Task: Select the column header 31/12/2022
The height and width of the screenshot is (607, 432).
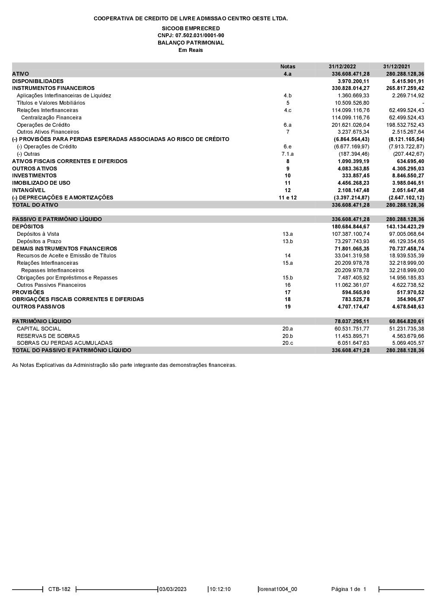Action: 342,67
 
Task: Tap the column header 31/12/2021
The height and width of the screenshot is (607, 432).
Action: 397,67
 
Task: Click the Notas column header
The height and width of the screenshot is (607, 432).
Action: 288,67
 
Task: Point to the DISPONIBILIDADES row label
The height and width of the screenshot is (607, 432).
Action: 38,81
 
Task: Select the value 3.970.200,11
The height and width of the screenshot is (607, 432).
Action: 353,81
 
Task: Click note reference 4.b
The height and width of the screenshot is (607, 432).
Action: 288,96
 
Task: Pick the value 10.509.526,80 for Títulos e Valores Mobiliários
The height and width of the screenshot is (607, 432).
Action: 352,103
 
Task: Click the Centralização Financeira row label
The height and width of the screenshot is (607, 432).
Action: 51,118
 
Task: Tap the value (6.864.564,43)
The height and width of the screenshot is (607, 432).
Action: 352,139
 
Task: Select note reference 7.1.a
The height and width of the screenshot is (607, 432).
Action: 288,154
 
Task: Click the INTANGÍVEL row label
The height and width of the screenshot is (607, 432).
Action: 29,190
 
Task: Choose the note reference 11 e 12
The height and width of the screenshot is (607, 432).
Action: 288,198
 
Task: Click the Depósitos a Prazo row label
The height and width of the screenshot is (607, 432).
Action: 39,241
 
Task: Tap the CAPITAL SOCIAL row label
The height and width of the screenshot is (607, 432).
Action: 39,329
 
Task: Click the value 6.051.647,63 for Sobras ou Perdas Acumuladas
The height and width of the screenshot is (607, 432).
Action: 353,343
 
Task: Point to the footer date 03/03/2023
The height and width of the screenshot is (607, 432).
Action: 173,589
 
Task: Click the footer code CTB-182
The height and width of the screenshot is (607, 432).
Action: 59,589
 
